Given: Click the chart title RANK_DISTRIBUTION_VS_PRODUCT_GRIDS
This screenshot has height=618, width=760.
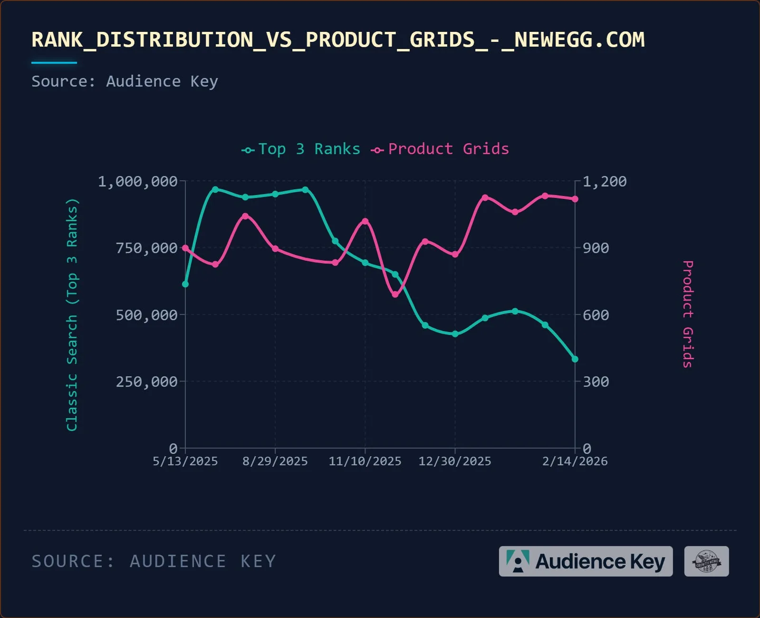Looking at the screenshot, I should point(337,39).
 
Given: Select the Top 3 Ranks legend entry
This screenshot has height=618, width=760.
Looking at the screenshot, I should point(301,149).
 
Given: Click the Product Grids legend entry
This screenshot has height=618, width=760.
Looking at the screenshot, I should point(440,149).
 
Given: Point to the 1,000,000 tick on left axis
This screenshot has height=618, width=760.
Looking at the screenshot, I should point(138,181).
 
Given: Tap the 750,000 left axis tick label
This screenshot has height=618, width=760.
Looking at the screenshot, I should point(147,248).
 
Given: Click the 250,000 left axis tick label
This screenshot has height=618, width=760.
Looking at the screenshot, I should point(147,382).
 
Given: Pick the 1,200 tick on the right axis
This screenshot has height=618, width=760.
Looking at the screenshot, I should point(605,181).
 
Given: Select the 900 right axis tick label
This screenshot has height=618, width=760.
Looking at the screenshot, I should point(596,248).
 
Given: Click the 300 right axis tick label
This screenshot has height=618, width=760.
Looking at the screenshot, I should point(596,382).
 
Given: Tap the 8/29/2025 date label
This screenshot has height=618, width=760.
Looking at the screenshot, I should point(275,461).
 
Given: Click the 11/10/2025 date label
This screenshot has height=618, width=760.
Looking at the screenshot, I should point(365,461).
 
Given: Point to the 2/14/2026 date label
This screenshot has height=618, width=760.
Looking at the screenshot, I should point(575,461).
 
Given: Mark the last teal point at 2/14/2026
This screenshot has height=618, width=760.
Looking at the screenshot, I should point(575,359).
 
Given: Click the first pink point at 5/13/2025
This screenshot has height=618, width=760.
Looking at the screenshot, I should point(185,248).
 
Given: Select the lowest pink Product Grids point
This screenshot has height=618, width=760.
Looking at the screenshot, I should point(395,294).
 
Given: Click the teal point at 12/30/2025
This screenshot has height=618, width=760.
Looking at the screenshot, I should point(455,334).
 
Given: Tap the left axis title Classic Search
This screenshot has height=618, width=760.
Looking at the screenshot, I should point(72,314).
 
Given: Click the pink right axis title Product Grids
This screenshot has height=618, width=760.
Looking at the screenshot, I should point(688,314).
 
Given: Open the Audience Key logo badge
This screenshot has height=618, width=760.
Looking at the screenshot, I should point(586,561).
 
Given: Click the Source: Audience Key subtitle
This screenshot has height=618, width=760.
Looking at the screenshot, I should point(125,81).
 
